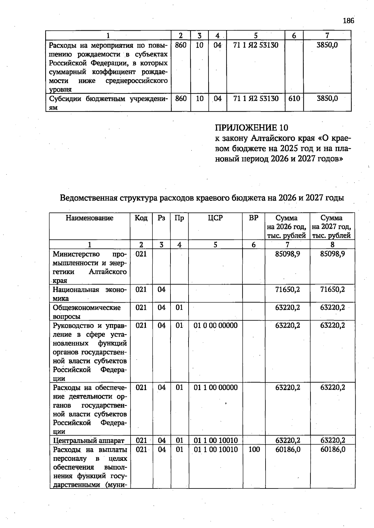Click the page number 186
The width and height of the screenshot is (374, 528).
tap(348, 21)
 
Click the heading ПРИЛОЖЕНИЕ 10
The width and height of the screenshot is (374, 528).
tap(252, 128)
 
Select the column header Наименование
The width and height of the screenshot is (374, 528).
tap(89, 218)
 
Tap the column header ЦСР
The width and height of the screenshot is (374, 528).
tap(215, 218)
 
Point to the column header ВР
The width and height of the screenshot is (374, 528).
tap(254, 218)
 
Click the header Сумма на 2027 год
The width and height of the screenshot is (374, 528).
tap(332, 227)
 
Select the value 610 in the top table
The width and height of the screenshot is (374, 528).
tap(294, 99)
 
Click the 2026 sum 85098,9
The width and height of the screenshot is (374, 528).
tap(287, 254)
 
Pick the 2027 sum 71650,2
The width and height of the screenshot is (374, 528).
tap(333, 290)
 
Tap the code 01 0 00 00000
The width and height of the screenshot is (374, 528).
tap(215, 326)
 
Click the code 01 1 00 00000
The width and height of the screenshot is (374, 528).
tap(215, 388)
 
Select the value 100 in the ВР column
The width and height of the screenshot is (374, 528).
tap(254, 450)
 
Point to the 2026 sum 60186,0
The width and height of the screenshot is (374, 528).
tap(288, 450)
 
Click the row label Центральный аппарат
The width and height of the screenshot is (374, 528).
tap(89, 441)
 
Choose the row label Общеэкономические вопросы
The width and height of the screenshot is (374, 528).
tap(86, 312)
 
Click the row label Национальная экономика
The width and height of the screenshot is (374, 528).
tap(89, 294)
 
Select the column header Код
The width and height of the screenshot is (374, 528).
tap(141, 218)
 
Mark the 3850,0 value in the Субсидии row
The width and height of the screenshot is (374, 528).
tap(327, 99)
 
